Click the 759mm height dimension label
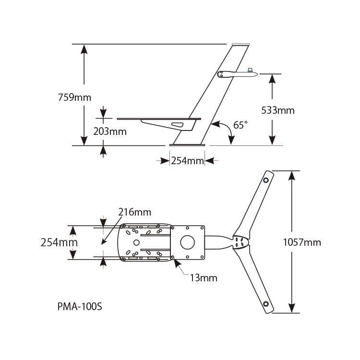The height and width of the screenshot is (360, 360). pos(73,97)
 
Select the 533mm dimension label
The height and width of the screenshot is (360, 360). pos(278,110)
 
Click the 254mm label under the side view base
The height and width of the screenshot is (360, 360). pos(188,160)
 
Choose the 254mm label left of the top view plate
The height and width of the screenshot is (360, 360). pos(58,242)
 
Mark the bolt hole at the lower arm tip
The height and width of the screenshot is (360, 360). pos(265,304)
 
